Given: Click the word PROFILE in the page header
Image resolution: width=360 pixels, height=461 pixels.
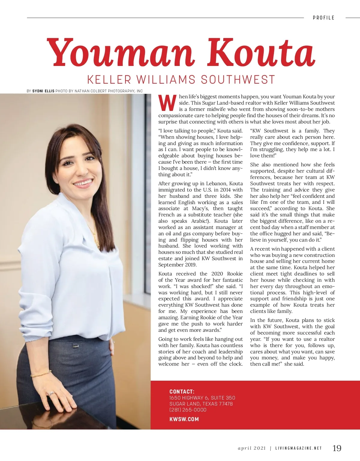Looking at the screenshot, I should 323,18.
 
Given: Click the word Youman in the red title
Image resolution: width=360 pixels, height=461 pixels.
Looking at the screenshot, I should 120,52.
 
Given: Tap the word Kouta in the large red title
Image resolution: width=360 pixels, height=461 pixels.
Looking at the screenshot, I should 261,52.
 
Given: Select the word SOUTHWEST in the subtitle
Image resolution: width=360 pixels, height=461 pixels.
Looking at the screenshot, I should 238,80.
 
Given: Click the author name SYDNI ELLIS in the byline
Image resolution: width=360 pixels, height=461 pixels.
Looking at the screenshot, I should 43,91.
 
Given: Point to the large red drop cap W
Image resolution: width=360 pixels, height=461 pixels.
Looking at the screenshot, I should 167,103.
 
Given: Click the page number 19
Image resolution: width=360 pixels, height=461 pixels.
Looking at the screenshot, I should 337,448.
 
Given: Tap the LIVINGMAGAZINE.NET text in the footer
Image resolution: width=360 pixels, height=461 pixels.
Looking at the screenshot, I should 298,448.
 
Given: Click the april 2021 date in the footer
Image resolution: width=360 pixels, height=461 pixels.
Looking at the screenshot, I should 252,448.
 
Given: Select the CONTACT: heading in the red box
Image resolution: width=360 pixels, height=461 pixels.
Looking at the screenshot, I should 182,391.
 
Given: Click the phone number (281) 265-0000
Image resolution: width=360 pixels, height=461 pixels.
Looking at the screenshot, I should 188,410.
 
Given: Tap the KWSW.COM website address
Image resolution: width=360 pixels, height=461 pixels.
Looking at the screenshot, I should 184,419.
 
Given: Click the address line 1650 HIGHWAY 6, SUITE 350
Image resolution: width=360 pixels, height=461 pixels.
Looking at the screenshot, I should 202,398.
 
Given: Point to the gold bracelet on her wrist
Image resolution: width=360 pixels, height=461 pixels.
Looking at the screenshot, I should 41,374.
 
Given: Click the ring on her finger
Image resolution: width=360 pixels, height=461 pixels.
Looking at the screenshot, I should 51,393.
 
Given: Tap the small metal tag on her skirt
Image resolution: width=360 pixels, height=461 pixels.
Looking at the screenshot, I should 74,347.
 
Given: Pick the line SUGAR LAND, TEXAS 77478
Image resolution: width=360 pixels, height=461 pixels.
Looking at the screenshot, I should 201,404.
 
